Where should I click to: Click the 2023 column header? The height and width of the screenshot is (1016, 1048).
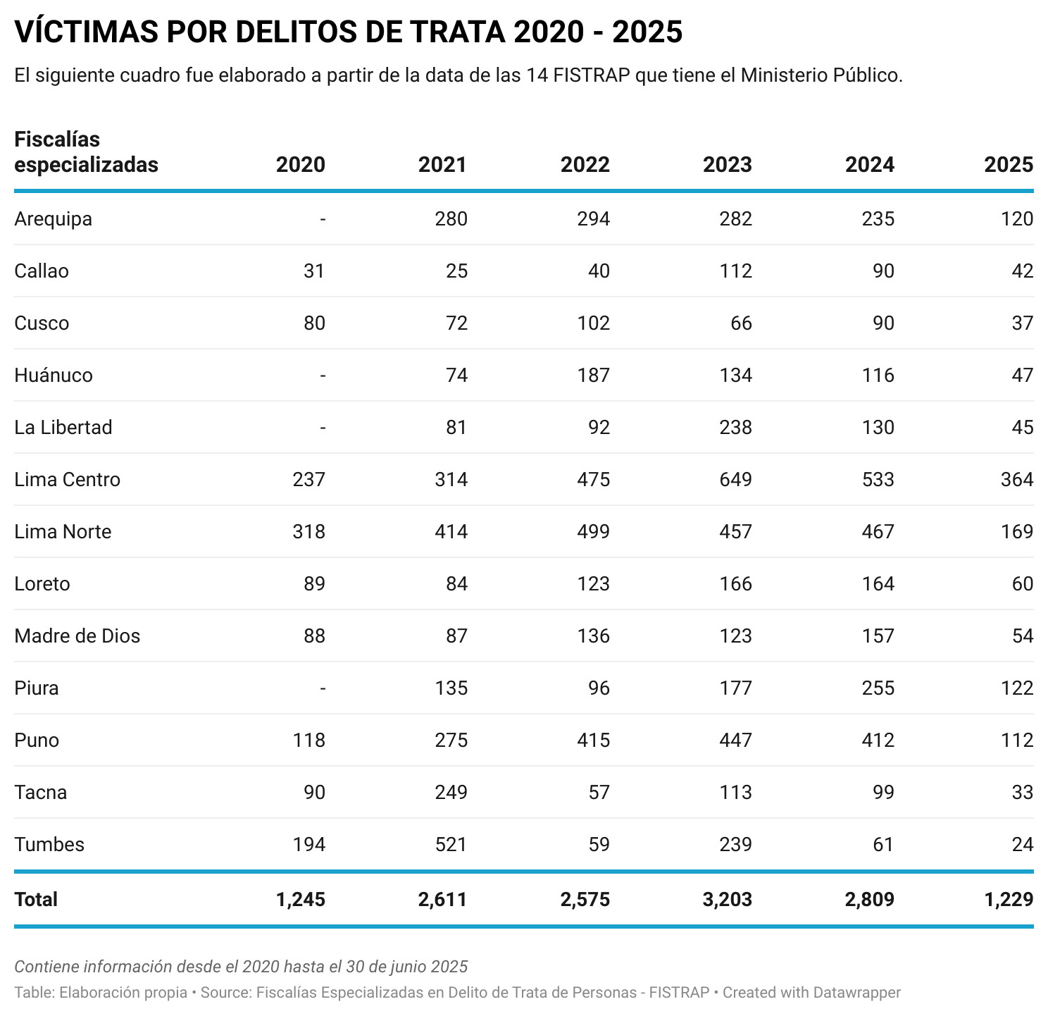(x=727, y=165)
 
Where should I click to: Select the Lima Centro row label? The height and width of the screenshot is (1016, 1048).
(x=67, y=480)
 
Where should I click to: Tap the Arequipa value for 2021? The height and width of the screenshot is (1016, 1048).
(x=451, y=219)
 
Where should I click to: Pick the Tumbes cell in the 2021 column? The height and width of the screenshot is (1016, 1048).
(x=451, y=845)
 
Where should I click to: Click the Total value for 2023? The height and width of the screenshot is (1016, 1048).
(x=727, y=900)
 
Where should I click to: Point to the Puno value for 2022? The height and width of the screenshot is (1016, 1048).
(x=593, y=741)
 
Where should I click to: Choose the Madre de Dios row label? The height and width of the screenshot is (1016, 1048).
(x=77, y=636)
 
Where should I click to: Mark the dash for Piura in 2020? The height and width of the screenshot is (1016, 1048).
(x=323, y=688)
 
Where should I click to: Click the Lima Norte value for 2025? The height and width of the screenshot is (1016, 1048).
(x=1016, y=532)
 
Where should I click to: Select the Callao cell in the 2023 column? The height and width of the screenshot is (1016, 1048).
(x=735, y=271)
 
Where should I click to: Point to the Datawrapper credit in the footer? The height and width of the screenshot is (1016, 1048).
(x=856, y=993)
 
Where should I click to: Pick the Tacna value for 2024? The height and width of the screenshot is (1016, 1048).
(x=882, y=793)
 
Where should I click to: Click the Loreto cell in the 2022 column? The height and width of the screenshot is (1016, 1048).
(x=593, y=584)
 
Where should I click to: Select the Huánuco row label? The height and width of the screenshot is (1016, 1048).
(x=54, y=376)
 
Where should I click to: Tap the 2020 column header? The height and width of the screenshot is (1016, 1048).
(x=301, y=165)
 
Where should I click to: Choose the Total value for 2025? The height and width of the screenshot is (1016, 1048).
(x=1009, y=900)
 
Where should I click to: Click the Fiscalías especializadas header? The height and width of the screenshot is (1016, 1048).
(x=86, y=152)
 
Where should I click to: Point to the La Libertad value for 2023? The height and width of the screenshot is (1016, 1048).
(x=735, y=428)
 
